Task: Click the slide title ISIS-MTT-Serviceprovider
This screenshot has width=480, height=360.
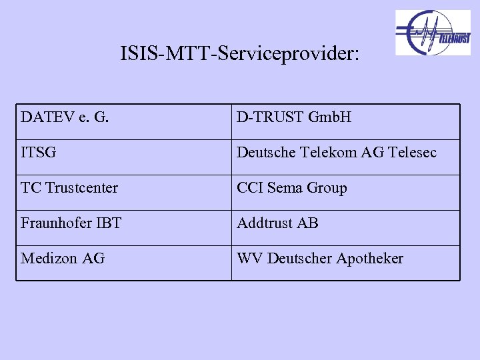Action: click(x=239, y=53)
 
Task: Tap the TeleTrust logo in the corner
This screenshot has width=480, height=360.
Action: click(x=433, y=33)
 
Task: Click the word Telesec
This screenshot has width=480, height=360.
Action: click(x=411, y=153)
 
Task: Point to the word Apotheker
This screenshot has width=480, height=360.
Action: click(x=369, y=259)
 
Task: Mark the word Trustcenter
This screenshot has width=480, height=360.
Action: click(x=81, y=188)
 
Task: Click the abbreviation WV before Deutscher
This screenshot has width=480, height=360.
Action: click(x=249, y=259)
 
